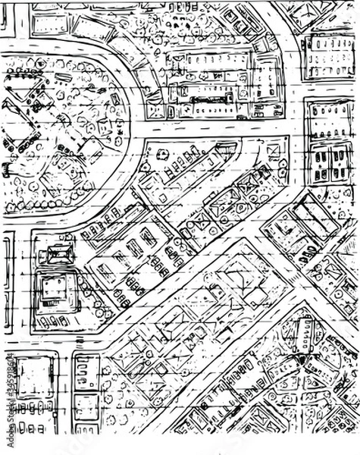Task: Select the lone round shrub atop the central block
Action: [x=161, y=154]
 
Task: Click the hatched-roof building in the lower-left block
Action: [x=58, y=253]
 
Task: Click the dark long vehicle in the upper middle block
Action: [x=205, y=99]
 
